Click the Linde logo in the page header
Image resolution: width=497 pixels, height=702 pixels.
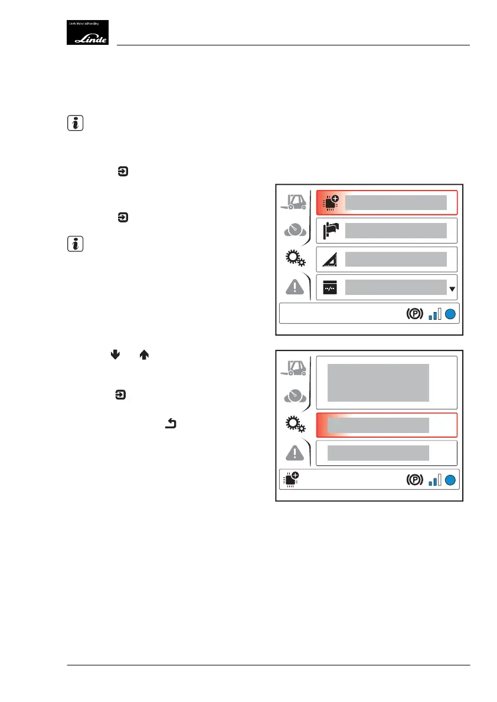[x=91, y=32]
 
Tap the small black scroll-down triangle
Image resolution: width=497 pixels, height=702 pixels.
[x=452, y=289]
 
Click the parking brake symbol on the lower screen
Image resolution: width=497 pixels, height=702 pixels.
[x=414, y=480]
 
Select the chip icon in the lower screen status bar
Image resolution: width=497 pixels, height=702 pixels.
[x=292, y=479]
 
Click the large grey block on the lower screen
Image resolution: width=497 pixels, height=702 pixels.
[x=378, y=382]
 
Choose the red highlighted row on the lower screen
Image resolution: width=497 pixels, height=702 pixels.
[x=387, y=425]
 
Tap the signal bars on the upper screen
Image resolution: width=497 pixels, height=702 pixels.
[x=434, y=314]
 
